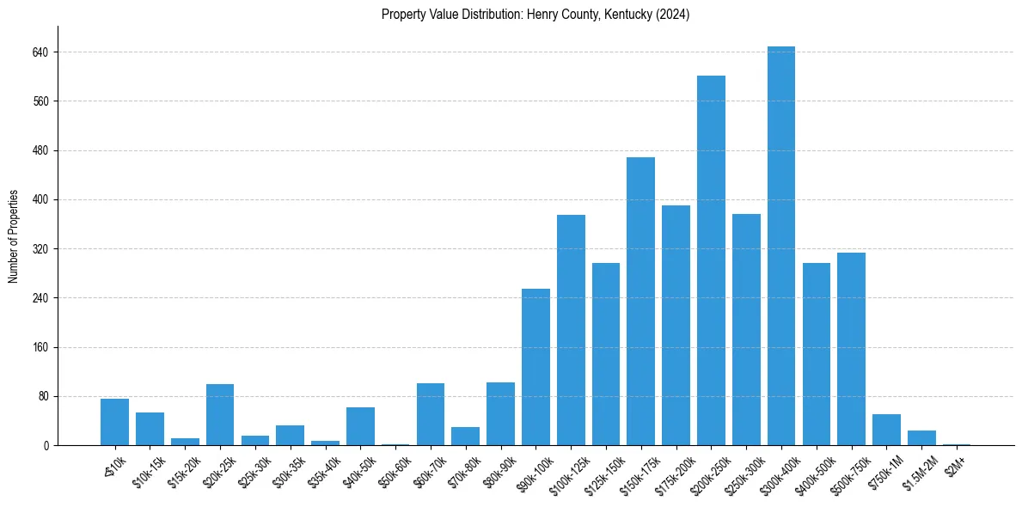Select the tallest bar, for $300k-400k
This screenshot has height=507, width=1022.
click(x=780, y=246)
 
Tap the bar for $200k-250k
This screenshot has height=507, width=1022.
click(x=711, y=260)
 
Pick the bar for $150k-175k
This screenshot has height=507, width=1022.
click(x=640, y=301)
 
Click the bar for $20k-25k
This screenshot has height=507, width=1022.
click(x=220, y=415)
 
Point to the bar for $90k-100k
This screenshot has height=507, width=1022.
click(x=535, y=367)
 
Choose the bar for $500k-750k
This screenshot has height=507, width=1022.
click(x=851, y=349)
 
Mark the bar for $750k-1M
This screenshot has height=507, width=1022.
click(x=886, y=430)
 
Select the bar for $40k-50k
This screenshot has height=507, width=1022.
click(x=360, y=426)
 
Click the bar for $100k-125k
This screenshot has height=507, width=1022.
click(x=571, y=330)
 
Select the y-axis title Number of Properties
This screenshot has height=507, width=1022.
click(x=14, y=235)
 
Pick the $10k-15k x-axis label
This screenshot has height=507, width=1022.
click(x=148, y=468)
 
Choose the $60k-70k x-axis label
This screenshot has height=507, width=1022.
click(x=428, y=468)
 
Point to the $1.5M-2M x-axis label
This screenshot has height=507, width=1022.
click(x=920, y=468)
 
